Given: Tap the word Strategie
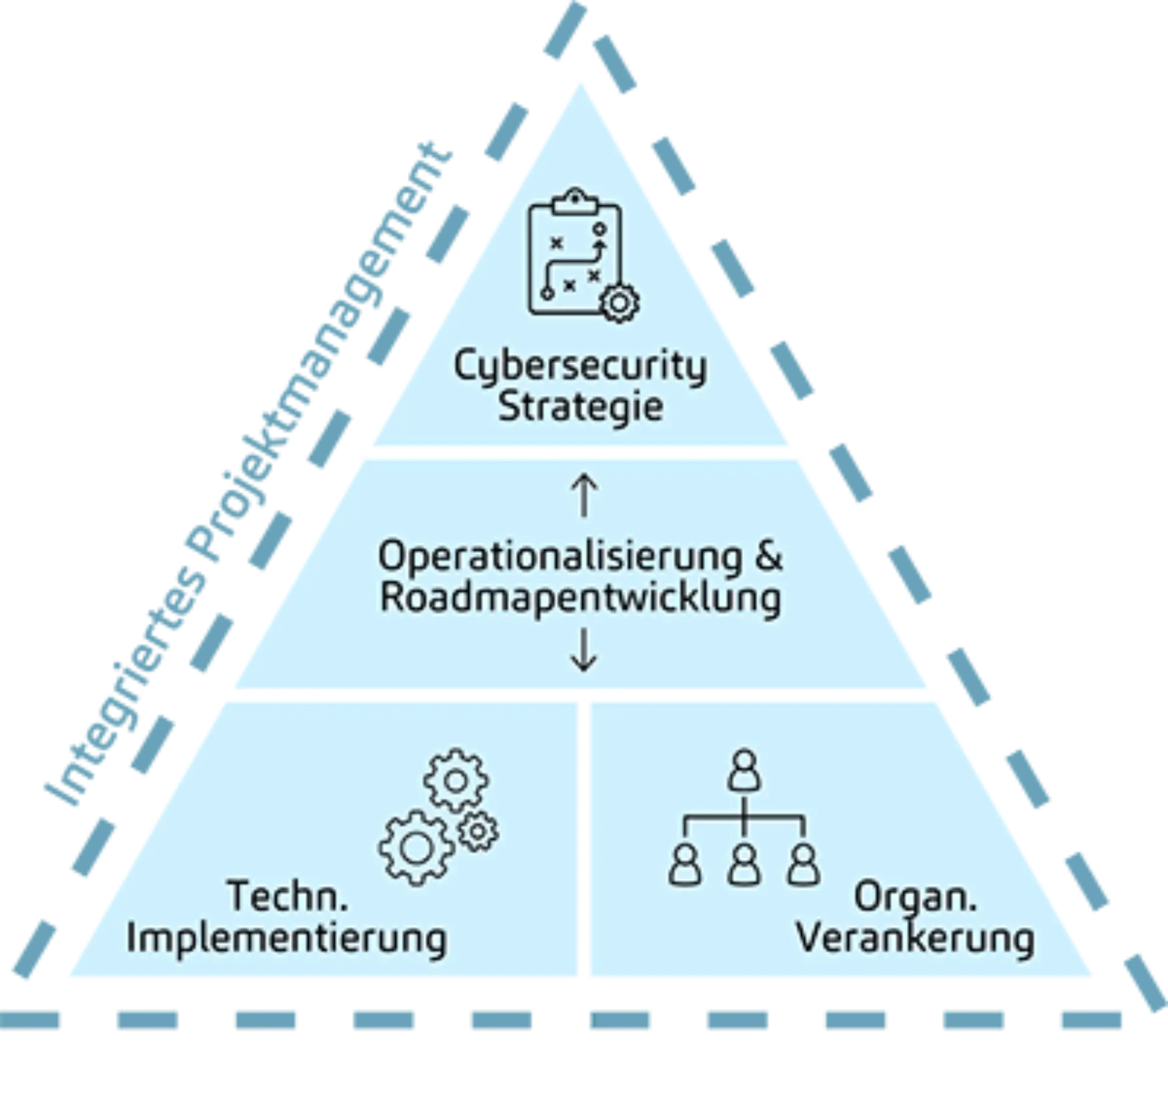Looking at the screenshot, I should tap(580, 406).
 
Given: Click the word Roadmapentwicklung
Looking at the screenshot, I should tap(580, 597).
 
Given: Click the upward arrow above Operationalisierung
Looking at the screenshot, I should tap(583, 496).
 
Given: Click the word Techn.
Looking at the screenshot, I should tap(288, 896).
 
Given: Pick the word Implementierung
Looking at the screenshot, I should tap(287, 938).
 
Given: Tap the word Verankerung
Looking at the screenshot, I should tap(916, 938).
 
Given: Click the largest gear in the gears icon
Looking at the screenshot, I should tap(417, 849).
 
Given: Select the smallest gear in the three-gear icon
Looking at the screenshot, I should tap(478, 830).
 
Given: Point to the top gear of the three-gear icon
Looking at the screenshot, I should tap(456, 782).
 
